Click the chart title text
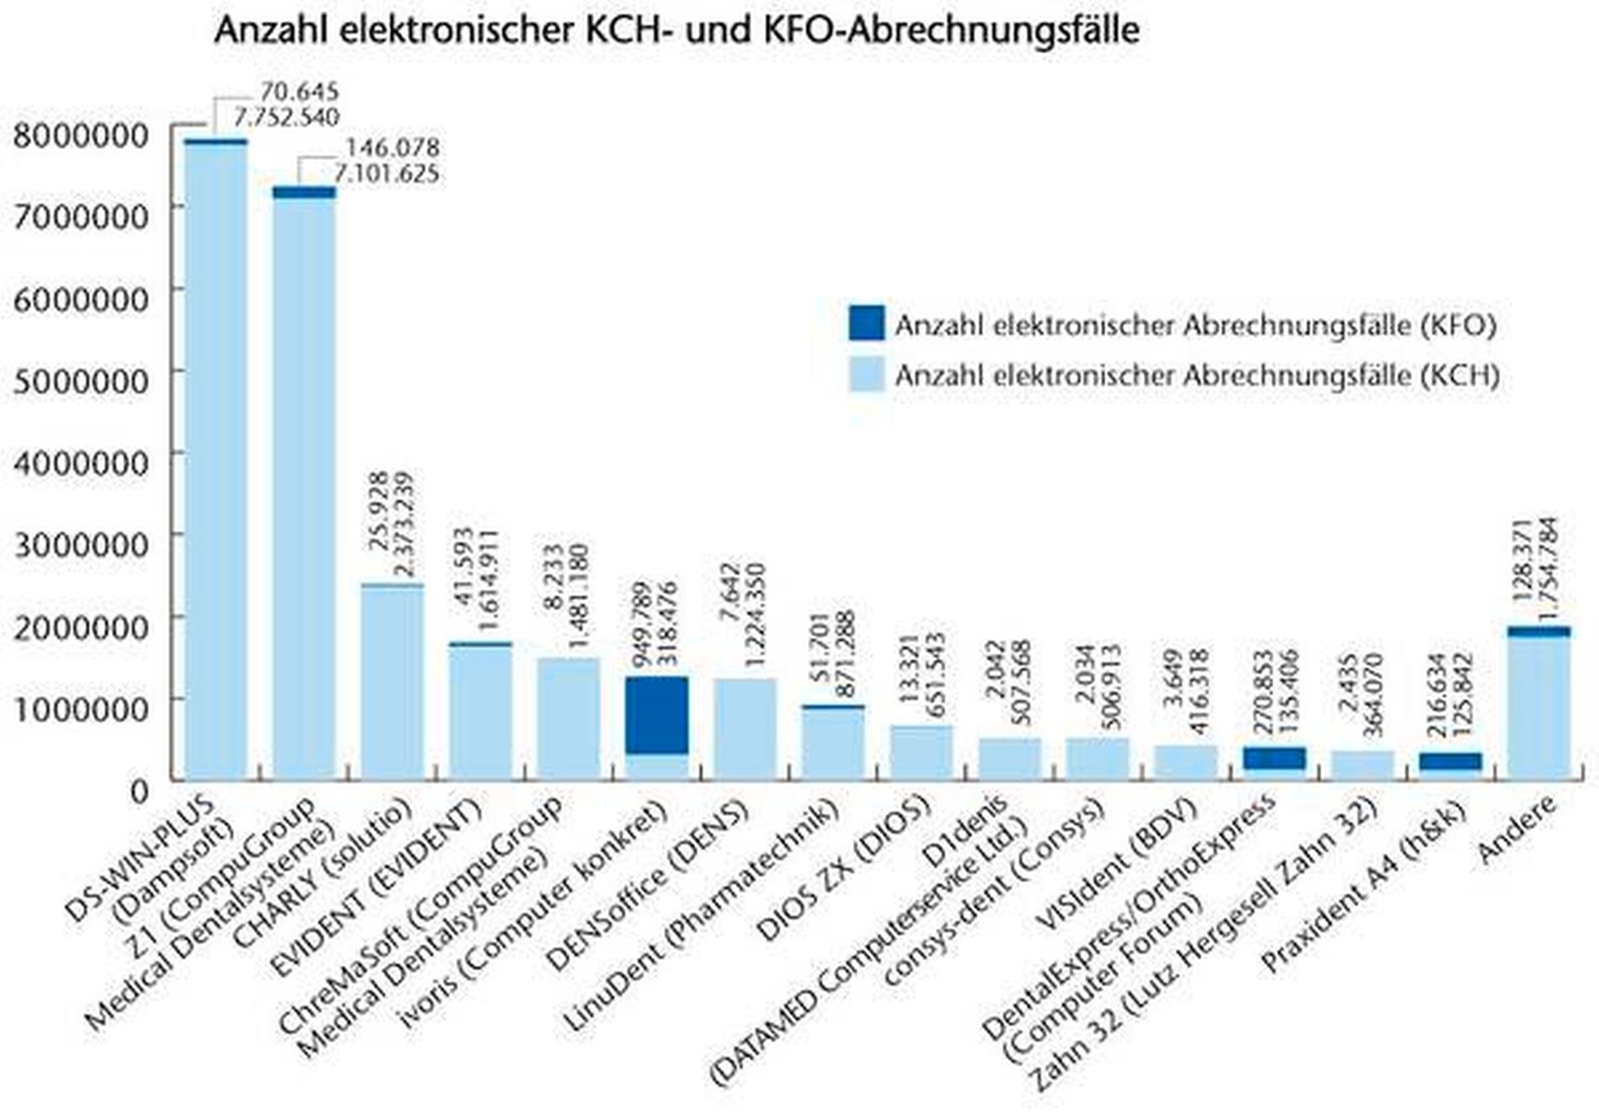point(676,30)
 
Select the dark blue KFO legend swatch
point(866,323)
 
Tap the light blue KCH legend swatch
point(866,375)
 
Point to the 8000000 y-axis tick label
point(81,135)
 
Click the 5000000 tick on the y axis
point(81,380)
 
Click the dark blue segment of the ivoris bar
point(656,715)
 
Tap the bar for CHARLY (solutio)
point(392,682)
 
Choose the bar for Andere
point(1538,707)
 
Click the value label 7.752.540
point(286,117)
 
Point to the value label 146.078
point(392,147)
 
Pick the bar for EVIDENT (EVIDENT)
point(480,711)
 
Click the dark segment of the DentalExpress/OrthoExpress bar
point(1274,758)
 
